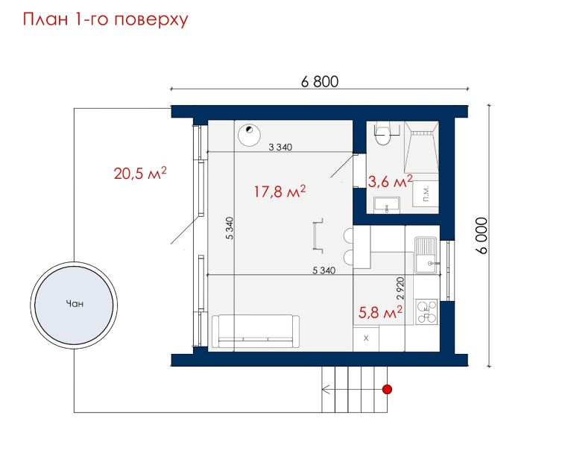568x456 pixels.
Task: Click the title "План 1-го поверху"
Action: (x=105, y=20)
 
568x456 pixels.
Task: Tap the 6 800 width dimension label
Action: (x=320, y=81)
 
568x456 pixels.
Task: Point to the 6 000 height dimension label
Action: (x=482, y=235)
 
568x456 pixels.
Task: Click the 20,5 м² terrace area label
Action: (x=140, y=173)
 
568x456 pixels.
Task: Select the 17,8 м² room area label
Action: (x=280, y=191)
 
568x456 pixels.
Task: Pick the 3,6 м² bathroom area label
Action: (x=390, y=181)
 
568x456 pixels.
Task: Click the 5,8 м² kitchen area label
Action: (x=380, y=312)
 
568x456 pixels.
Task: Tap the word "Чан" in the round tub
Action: (x=75, y=303)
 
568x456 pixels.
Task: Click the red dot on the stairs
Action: (x=388, y=390)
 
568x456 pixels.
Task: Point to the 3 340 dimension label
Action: (x=280, y=147)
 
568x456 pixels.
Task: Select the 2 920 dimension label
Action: (x=400, y=288)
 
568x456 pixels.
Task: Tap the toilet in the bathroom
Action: (x=382, y=133)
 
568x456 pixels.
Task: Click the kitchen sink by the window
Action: (x=427, y=255)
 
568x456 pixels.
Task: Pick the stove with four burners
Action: (x=426, y=312)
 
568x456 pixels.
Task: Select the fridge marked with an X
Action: (x=366, y=339)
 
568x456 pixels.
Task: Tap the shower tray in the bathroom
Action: (x=421, y=147)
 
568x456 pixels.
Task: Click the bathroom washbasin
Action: (x=387, y=206)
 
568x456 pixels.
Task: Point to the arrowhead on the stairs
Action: (x=325, y=390)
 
